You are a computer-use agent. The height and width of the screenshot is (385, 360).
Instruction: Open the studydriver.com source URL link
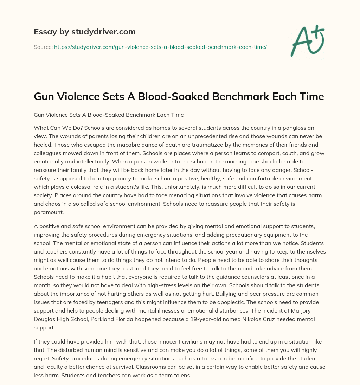160,47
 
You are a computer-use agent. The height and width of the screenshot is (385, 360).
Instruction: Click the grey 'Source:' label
43,47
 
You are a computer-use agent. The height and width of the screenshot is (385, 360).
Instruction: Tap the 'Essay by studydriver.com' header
85,32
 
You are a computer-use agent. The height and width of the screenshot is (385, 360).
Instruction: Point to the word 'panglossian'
298,128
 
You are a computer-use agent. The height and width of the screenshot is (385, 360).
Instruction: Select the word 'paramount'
50,212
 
